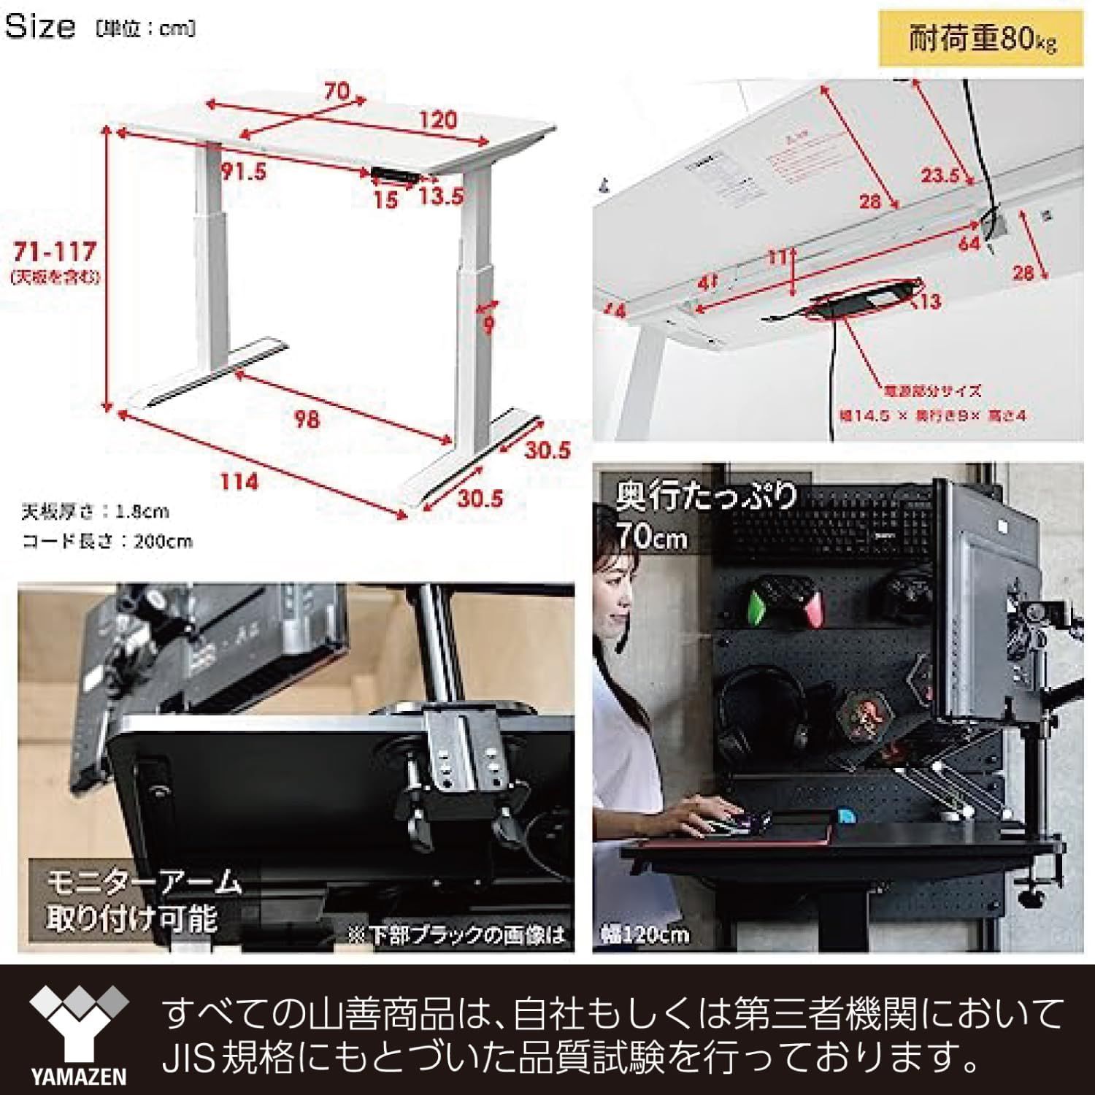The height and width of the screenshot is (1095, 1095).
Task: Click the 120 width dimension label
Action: pyautogui.click(x=438, y=120)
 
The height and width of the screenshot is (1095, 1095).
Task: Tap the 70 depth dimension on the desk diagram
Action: pyautogui.click(x=337, y=92)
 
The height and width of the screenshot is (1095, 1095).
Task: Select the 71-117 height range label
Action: pyautogui.click(x=55, y=253)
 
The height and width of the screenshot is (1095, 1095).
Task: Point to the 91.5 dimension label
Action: pyautogui.click(x=243, y=172)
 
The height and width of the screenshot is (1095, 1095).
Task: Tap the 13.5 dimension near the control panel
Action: pyautogui.click(x=441, y=196)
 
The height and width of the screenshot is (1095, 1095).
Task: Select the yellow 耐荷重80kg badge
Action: pyautogui.click(x=981, y=39)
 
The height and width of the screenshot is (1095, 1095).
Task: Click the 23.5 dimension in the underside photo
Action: pyautogui.click(x=940, y=175)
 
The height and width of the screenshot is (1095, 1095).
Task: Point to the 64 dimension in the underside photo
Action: pyautogui.click(x=969, y=242)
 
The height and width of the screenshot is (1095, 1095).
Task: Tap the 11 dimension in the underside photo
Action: pyautogui.click(x=777, y=257)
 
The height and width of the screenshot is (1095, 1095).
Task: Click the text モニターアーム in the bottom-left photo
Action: pyautogui.click(x=144, y=883)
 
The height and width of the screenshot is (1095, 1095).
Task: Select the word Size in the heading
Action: pyautogui.click(x=40, y=27)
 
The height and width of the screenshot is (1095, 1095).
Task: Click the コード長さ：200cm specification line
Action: pyautogui.click(x=107, y=542)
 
